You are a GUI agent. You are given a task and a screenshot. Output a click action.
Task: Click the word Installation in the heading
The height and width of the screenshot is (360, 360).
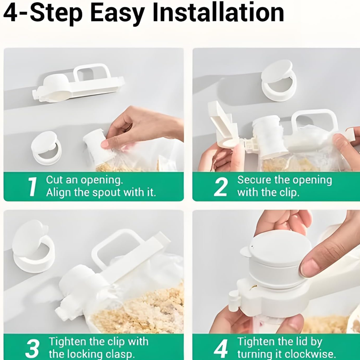(218, 13)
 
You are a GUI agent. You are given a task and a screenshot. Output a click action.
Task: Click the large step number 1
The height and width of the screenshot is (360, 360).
(32, 187)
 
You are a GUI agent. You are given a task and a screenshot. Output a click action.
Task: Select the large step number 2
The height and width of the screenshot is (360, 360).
(220, 187)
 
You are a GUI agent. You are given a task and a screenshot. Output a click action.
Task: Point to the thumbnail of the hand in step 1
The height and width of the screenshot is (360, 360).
(105, 144)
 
